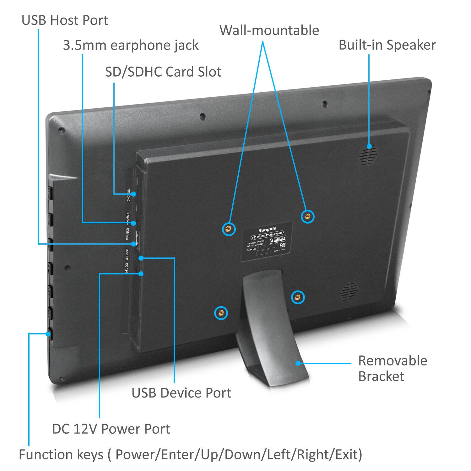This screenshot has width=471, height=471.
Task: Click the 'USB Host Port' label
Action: (65, 20)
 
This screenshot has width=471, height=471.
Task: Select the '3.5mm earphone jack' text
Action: (131, 45)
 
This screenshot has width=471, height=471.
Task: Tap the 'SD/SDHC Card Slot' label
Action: (163, 72)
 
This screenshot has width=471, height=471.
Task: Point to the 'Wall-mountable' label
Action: (269, 30)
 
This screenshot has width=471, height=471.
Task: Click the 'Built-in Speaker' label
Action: (387, 45)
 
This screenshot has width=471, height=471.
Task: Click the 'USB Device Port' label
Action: (181, 393)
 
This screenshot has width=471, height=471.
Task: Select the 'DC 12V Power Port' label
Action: (111, 429)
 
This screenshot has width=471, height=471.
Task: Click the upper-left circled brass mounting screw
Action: (229, 229)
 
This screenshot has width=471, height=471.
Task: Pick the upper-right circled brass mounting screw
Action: (307, 216)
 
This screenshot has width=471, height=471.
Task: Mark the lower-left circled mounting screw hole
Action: (221, 313)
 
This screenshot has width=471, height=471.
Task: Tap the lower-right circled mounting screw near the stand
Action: (297, 297)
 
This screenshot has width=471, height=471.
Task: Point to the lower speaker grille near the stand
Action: (349, 291)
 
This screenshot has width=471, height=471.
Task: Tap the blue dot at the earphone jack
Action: (133, 223)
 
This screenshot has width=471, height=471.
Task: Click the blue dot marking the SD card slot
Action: (133, 194)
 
